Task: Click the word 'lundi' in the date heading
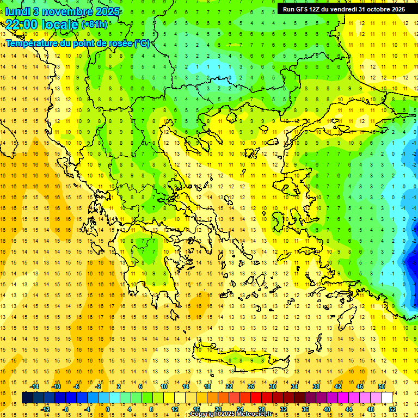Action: click(x=17, y=12)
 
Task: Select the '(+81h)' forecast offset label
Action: click(x=94, y=24)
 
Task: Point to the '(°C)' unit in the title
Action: click(x=141, y=44)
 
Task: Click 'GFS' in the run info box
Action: click(x=300, y=9)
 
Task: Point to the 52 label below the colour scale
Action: click(x=392, y=409)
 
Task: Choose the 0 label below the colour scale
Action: click(x=108, y=409)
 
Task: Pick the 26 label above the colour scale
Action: click(x=251, y=386)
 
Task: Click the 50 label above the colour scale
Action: click(x=382, y=386)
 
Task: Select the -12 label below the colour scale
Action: click(x=45, y=409)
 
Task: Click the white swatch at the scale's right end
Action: click(x=386, y=397)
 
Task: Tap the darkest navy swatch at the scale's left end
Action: click(x=27, y=397)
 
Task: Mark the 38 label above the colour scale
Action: click(x=316, y=386)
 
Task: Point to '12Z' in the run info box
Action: click(x=315, y=9)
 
